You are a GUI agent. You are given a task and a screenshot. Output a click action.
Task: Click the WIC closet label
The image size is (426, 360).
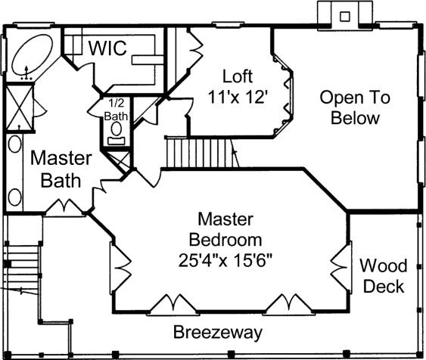click(107, 48)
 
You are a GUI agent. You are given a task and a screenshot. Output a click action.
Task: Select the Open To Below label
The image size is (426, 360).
click(355, 108)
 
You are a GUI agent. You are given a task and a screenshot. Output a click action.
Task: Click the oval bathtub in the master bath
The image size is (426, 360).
click(33, 54)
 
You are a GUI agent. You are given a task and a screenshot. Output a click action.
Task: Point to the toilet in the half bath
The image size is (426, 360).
click(117, 129)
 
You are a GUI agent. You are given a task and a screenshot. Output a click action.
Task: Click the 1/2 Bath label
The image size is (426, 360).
click(116, 110)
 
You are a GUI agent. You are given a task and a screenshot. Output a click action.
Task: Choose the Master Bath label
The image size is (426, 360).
click(61, 169)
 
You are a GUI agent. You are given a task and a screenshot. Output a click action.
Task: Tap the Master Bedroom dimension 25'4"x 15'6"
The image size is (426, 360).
click(225, 260)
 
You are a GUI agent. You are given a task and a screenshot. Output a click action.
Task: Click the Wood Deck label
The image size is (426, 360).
click(384, 276)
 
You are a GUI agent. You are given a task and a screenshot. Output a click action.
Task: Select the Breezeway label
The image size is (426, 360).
click(218, 332)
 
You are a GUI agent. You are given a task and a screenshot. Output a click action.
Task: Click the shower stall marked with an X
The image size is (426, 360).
click(19, 107)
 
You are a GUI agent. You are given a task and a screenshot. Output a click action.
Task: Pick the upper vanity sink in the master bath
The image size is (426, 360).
click(14, 144)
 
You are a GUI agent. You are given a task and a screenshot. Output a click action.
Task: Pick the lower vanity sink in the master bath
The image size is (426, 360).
click(14, 197)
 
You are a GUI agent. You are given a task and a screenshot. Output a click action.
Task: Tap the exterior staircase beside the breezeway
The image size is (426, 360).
click(22, 268)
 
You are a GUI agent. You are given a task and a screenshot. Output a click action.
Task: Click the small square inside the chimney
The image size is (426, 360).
click(345, 17)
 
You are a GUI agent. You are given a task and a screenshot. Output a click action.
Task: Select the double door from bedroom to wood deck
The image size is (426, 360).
click(341, 268)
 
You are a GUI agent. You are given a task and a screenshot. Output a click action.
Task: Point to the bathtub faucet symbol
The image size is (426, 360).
click(26, 73)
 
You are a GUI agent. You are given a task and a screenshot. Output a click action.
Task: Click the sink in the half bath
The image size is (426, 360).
click(117, 141)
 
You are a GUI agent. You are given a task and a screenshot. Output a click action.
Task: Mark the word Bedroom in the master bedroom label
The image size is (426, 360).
click(225, 240)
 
